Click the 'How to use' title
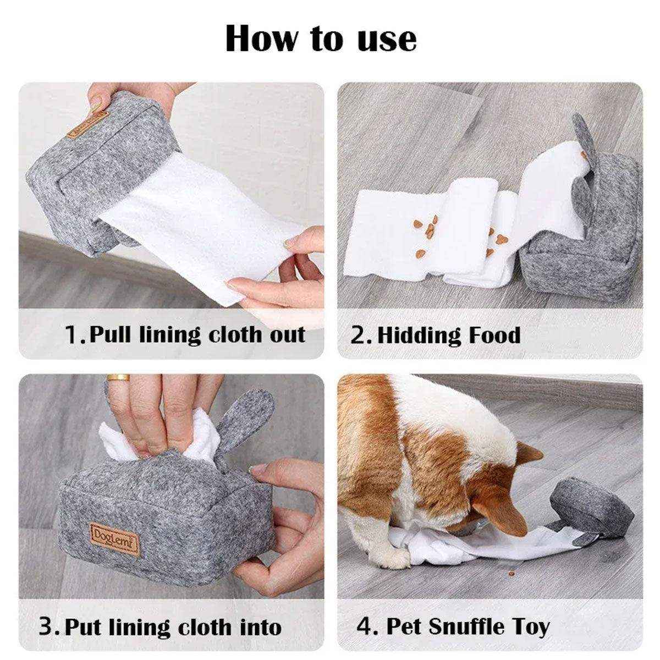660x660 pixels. coord(321,38)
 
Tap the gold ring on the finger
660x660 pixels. coord(118,378)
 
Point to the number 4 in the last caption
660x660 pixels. coord(364,626)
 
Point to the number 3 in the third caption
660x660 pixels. coord(47,627)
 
